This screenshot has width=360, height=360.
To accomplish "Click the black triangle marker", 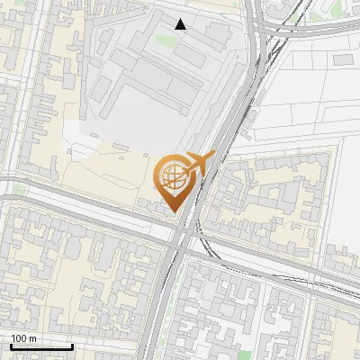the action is [x=181, y=24].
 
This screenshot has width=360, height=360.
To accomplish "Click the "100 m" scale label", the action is [x=24, y=338].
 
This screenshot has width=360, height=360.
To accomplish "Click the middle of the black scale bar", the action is [x=41, y=346].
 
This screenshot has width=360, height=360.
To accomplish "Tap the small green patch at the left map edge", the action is [x=18, y=190].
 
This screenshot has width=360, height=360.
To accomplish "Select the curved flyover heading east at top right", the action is [x=306, y=29].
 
